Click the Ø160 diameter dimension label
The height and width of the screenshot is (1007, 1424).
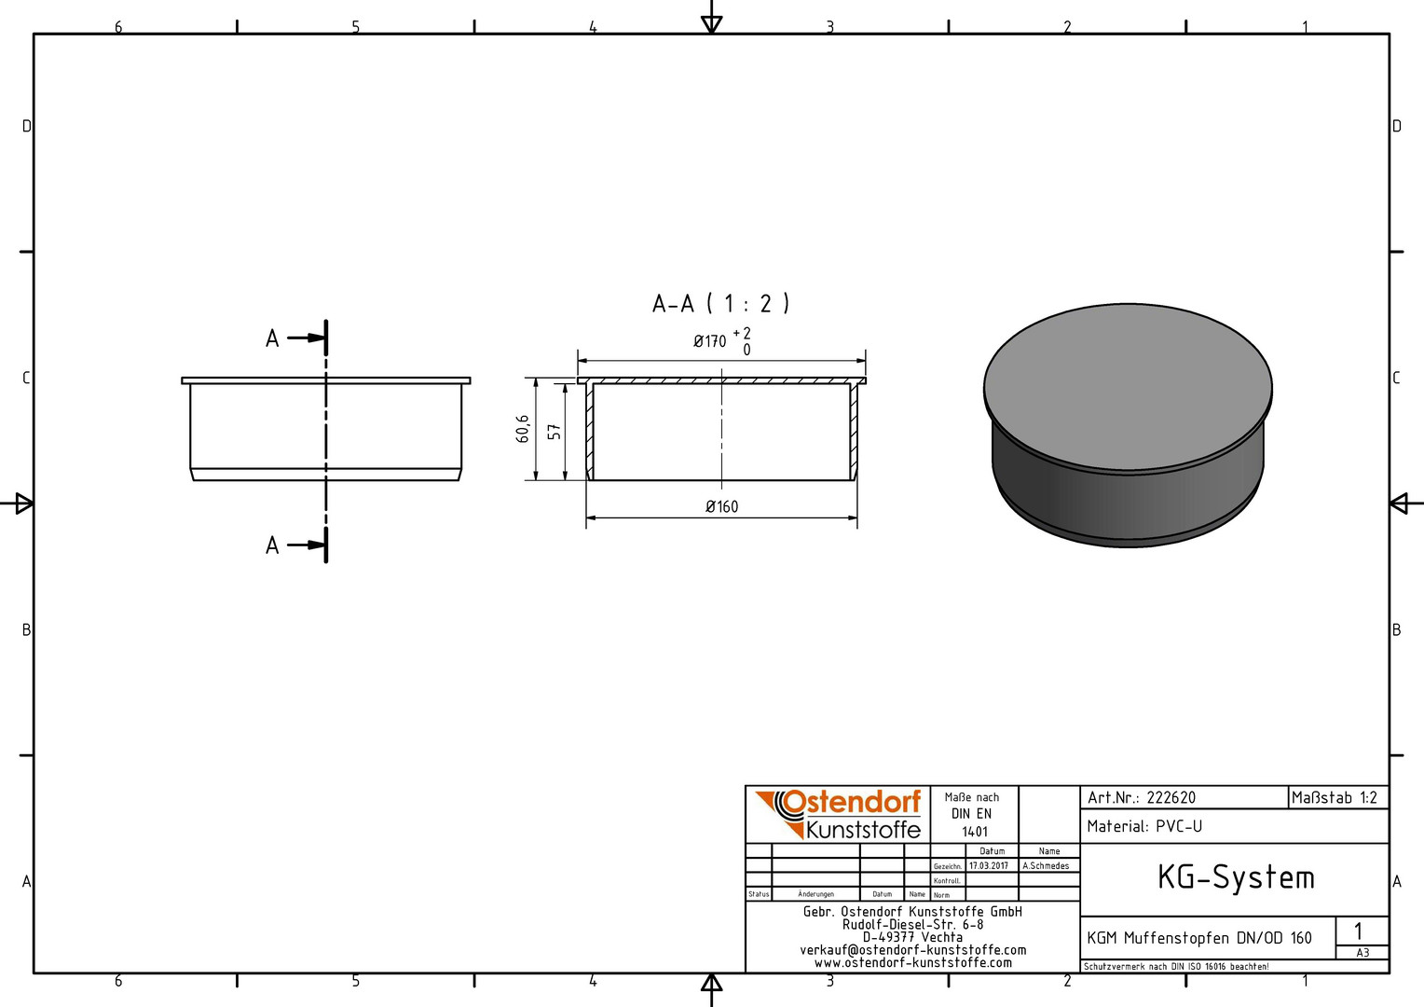click(x=721, y=506)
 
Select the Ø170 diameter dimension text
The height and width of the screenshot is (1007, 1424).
click(x=709, y=341)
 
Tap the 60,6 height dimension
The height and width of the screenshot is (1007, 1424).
click(x=523, y=429)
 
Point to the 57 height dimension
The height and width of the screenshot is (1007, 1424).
click(x=555, y=432)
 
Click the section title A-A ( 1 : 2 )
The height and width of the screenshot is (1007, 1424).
click(x=721, y=303)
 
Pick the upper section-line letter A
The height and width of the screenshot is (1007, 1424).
click(x=272, y=338)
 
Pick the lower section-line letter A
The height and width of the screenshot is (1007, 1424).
click(x=272, y=545)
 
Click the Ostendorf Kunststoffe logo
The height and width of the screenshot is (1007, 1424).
click(x=838, y=814)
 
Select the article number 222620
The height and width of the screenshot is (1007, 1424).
click(x=1171, y=798)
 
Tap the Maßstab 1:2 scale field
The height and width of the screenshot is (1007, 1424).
click(x=1334, y=797)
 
